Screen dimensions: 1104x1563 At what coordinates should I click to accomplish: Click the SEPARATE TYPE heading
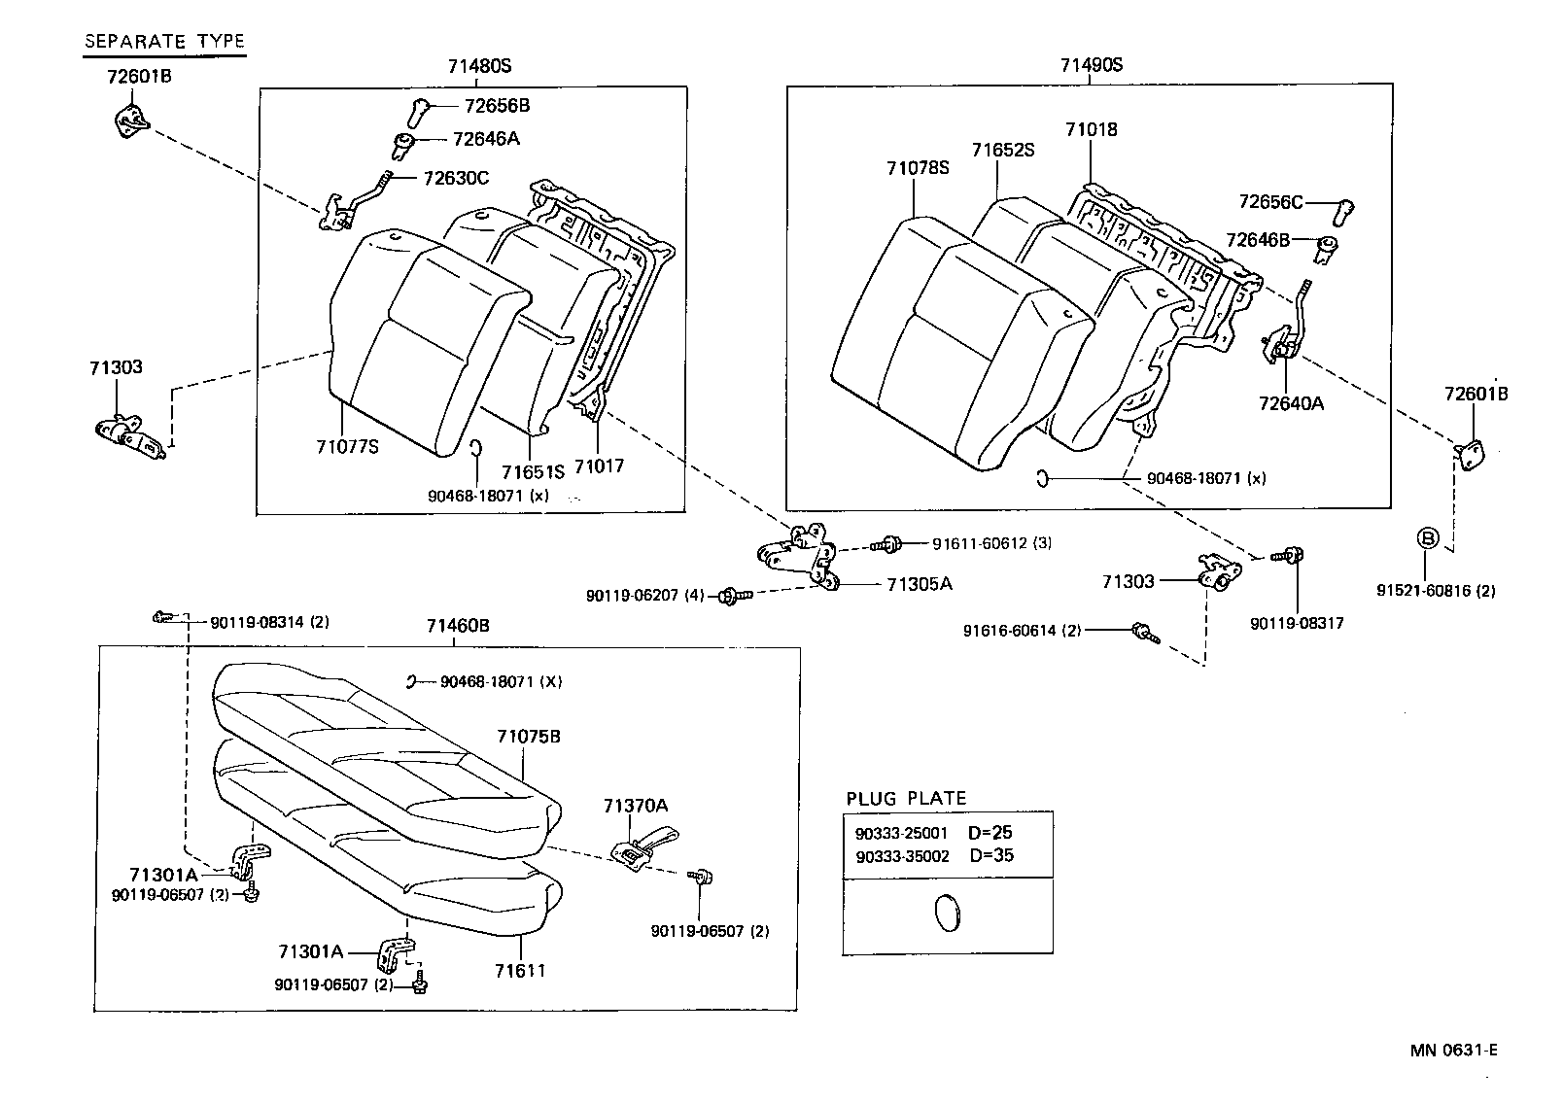(164, 41)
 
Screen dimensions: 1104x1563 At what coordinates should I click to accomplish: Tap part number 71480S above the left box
(479, 66)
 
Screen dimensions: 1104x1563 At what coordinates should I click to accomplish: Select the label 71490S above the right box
(1091, 65)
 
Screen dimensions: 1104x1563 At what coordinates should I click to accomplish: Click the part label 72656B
(497, 105)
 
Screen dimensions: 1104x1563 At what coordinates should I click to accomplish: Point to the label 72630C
(455, 178)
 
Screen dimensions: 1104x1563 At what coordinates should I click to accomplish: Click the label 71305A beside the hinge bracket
(919, 584)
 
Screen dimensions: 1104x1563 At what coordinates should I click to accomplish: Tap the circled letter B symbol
(1426, 537)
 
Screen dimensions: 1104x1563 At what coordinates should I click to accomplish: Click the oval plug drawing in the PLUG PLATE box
(946, 914)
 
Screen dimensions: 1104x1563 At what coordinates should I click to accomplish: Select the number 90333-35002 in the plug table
(901, 856)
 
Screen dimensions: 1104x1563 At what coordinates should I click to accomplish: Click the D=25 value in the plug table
(990, 833)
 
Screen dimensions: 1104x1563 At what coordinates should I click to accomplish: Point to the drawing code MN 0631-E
(1454, 1050)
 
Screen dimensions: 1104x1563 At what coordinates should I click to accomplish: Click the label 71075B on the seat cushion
(529, 736)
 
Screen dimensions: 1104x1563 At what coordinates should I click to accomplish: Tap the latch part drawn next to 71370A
(643, 845)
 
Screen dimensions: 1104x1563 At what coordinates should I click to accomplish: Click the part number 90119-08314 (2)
(269, 621)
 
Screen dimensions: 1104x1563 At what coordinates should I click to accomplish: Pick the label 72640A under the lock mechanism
(1291, 402)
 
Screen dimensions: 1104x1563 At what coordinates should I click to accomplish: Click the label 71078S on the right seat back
(917, 168)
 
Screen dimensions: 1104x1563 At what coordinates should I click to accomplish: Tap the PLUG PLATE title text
(906, 799)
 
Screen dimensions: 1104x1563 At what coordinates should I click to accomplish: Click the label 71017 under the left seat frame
(599, 466)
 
